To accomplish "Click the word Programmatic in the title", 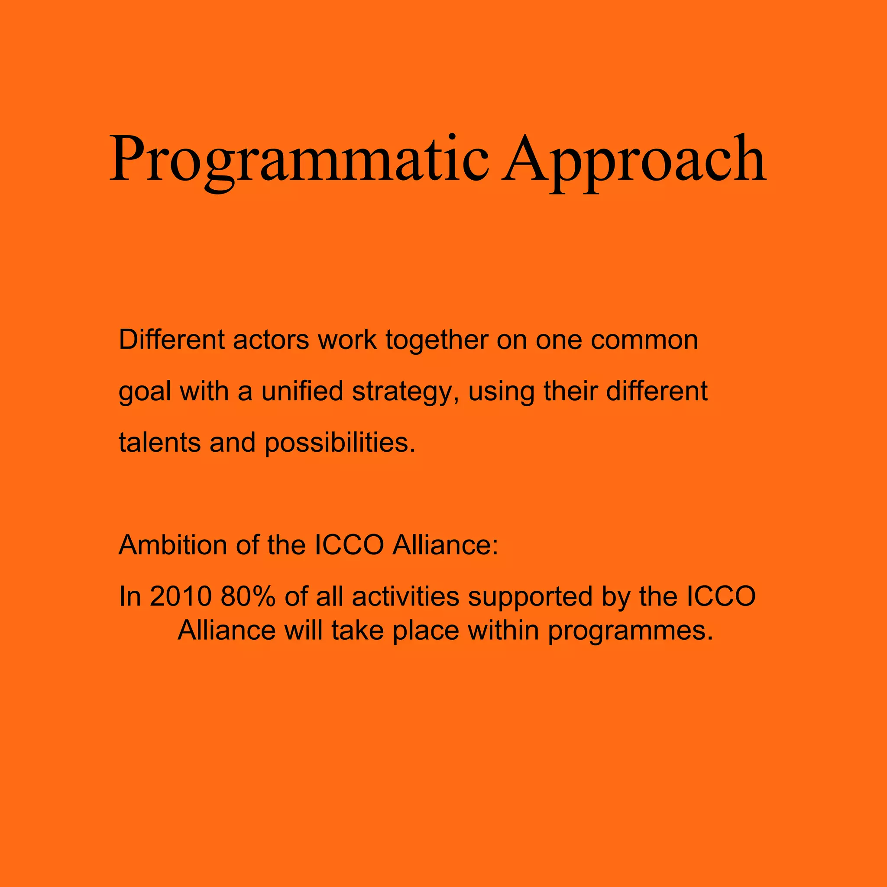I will point(298,159).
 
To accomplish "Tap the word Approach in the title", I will point(634,159).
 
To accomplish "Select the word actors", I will point(271,340).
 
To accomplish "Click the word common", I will point(644,340).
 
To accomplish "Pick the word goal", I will point(145,392).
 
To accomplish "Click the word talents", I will point(160,443).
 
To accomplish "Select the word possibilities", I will point(340,443).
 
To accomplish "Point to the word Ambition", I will point(173,545).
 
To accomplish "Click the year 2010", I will point(181,596).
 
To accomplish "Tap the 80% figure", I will point(248,596).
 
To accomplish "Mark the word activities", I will point(405,596).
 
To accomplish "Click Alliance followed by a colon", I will point(445,545).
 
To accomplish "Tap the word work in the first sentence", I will point(347,340).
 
